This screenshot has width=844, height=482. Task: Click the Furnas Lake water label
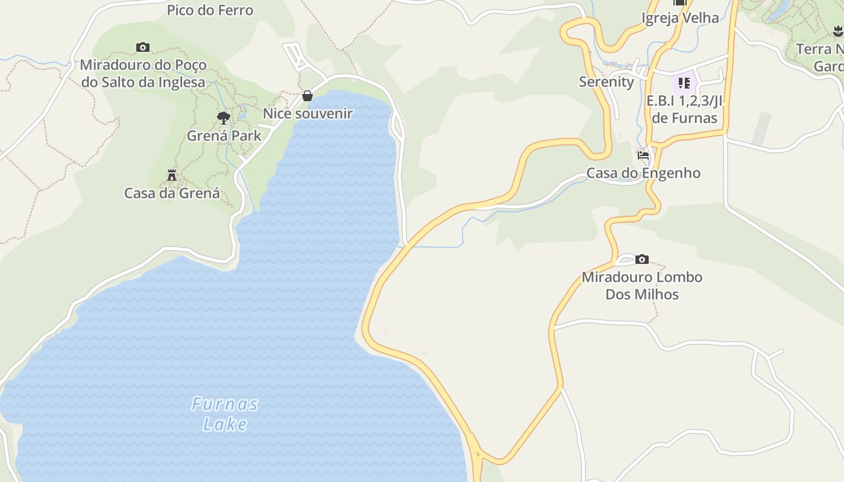pos(225,413)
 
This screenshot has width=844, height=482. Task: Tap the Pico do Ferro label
pos(210,10)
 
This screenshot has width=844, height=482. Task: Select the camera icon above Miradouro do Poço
pos(143,47)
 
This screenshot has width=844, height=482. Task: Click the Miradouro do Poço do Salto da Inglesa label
pos(143,74)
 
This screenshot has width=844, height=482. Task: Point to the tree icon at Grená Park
pos(224,117)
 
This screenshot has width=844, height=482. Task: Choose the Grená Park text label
pos(224,136)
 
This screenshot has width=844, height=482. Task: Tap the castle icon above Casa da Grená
pos(172,175)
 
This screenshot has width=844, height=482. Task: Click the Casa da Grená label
pos(172,193)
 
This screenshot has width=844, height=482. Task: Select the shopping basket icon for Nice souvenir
pos(307,95)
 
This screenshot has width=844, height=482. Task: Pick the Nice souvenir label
pos(307,113)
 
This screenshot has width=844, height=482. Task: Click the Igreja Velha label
pos(680,18)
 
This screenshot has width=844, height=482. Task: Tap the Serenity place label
pos(606,82)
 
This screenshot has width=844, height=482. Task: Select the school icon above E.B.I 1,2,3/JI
pos(684,83)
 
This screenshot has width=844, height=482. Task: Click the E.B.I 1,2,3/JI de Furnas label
pos(684,109)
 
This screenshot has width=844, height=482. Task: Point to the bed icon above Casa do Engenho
pos(643,155)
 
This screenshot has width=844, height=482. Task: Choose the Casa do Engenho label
pos(643,173)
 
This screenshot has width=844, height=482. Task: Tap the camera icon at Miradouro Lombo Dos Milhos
pos(642,260)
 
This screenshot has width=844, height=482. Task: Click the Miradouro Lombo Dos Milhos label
pos(642,286)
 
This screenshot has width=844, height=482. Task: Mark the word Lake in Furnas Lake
pos(225,424)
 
